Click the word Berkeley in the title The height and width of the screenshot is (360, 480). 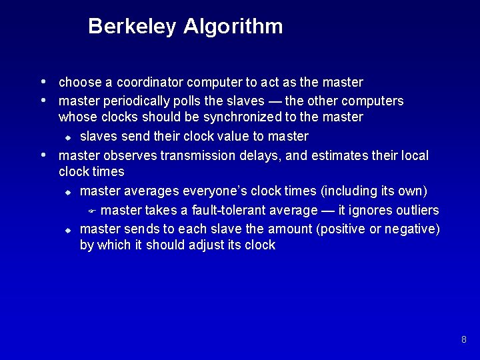pos(132,27)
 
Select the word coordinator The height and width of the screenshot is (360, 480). pos(151,83)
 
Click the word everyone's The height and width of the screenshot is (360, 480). pos(213,191)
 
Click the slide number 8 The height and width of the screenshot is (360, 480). pos(463,340)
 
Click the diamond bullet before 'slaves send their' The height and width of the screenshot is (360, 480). pos(67,138)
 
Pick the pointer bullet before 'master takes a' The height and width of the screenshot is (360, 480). pos(93,211)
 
